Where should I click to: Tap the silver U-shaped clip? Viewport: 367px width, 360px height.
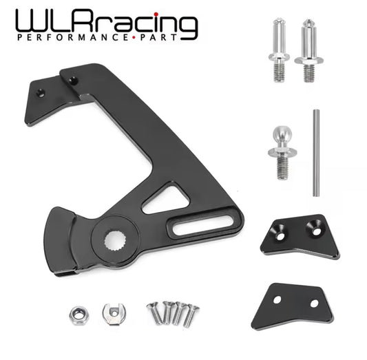[x=111, y=314]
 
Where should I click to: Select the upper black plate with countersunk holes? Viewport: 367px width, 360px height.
[x=300, y=235]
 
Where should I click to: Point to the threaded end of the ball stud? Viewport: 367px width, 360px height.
[x=282, y=167]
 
